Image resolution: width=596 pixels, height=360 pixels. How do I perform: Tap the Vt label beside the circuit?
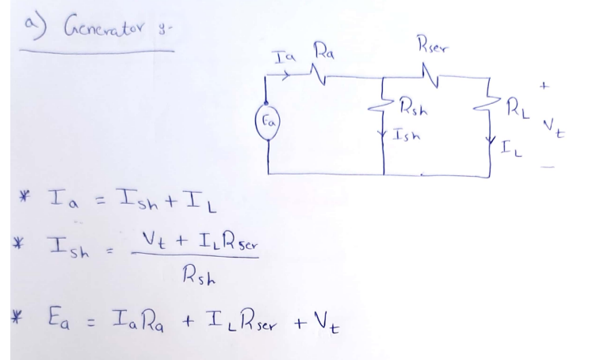tap(554, 128)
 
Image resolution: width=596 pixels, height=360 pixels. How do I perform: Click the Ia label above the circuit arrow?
tap(285, 56)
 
